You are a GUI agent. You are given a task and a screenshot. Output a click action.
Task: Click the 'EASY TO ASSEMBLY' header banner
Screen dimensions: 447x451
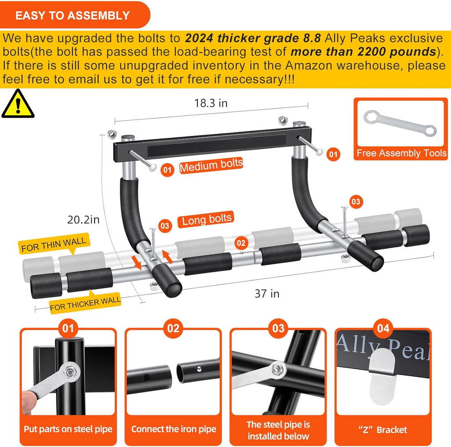coord(73,15)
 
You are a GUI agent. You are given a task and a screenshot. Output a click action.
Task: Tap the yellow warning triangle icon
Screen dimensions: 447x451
coord(17,104)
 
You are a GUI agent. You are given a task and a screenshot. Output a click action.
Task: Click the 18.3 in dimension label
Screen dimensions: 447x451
coord(211,103)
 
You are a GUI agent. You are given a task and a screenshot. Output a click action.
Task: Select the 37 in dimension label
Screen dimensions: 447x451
coord(267,293)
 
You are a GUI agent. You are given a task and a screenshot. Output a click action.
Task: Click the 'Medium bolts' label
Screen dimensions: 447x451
coord(211,166)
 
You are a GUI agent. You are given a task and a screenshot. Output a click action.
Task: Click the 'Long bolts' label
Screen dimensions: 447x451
coord(207,219)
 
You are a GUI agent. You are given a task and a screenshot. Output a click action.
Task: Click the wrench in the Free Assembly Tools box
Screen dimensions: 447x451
coord(400,123)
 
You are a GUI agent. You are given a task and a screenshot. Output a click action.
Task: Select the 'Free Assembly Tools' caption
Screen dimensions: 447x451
coord(401,154)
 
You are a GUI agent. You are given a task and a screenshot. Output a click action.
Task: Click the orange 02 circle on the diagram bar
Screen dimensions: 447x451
coord(240,242)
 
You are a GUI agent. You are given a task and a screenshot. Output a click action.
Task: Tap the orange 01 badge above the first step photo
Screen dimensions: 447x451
coord(68,328)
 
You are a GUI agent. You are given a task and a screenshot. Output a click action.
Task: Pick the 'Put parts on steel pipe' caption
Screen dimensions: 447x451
coord(68,429)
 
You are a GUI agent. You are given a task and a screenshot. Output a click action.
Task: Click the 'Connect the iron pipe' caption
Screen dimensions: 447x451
coord(174,429)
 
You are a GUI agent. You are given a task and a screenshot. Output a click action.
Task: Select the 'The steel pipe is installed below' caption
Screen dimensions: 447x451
coord(278,430)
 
